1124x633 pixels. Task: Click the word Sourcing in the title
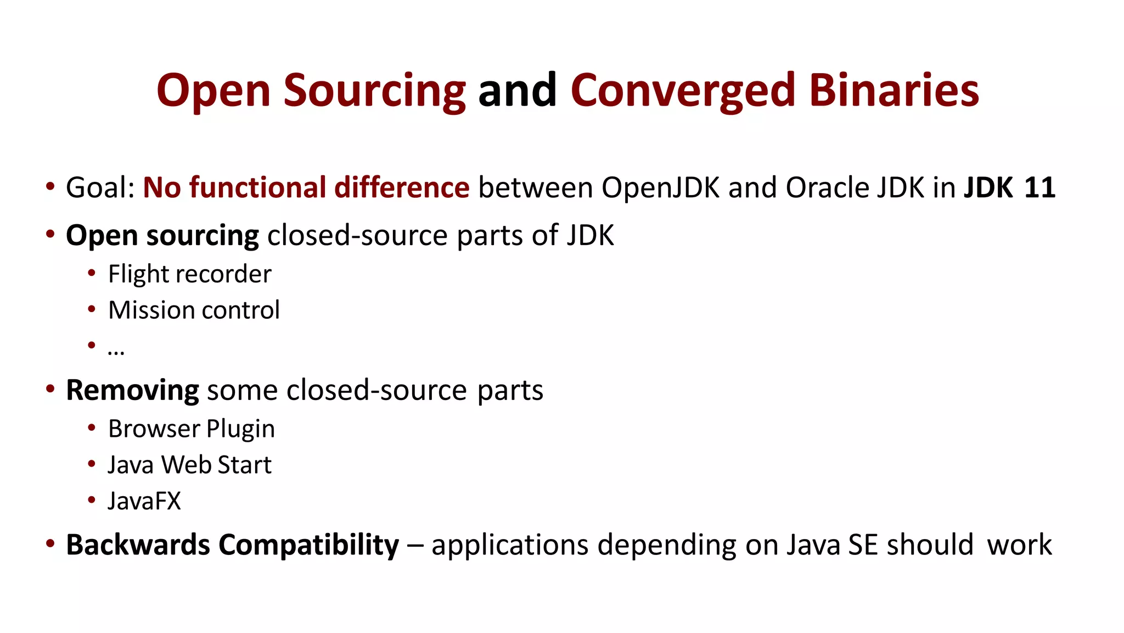tap(374, 91)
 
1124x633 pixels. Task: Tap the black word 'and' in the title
tap(518, 91)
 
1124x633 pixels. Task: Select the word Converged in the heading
tap(683, 91)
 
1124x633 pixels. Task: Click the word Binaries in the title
tap(894, 91)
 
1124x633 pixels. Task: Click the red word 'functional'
tap(257, 188)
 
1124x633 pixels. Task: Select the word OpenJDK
tap(660, 188)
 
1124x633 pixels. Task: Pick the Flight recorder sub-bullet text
tap(190, 274)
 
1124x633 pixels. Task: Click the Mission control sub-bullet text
tap(194, 310)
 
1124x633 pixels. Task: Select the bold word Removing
tap(132, 391)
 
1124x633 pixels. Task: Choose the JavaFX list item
tap(144, 501)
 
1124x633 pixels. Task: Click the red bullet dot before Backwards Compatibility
tap(50, 544)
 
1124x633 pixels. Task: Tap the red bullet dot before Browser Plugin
tap(92, 427)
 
